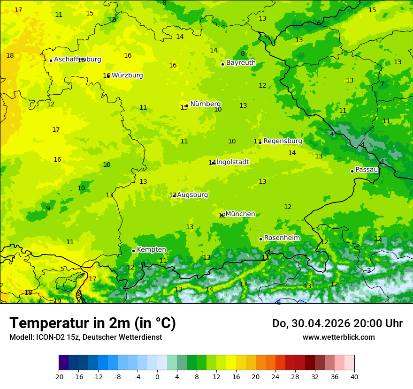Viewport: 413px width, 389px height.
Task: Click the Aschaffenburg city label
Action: click(x=77, y=60)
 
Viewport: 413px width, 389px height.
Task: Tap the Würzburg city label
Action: click(x=127, y=75)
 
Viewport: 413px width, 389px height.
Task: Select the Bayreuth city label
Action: click(x=241, y=63)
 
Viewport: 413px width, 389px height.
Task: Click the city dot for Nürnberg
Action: click(x=187, y=105)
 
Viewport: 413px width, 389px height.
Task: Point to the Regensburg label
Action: click(x=283, y=141)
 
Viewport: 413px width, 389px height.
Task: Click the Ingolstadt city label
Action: click(x=232, y=162)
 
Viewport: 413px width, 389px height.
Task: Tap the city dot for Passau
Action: click(x=352, y=171)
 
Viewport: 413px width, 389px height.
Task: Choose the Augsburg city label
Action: click(x=192, y=195)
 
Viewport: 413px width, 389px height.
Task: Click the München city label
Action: click(x=240, y=214)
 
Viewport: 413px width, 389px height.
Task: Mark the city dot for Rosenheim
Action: click(x=260, y=239)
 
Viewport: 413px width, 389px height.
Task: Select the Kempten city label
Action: click(x=151, y=250)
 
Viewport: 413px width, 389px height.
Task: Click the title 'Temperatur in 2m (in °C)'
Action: click(x=92, y=323)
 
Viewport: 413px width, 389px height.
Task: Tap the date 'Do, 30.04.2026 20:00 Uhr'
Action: click(x=337, y=323)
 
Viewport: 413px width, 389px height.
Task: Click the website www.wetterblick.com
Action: click(x=338, y=337)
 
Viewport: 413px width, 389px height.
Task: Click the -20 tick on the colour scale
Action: click(x=59, y=376)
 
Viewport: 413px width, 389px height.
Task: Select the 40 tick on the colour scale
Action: click(x=354, y=376)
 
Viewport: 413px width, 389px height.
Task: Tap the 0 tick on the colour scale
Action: click(x=157, y=376)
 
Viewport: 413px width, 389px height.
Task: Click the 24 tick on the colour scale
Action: click(x=275, y=376)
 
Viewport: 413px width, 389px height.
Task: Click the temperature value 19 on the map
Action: click(x=57, y=301)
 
